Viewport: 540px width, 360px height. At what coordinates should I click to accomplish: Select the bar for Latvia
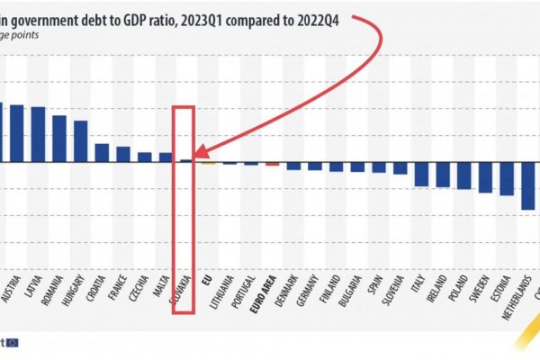(x=38, y=135)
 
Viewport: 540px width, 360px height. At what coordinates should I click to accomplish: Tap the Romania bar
(x=59, y=139)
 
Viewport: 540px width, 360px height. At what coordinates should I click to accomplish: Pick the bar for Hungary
(x=80, y=142)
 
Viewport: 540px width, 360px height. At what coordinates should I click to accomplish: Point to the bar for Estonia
(x=507, y=179)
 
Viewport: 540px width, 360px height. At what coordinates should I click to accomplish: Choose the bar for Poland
(x=463, y=176)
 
